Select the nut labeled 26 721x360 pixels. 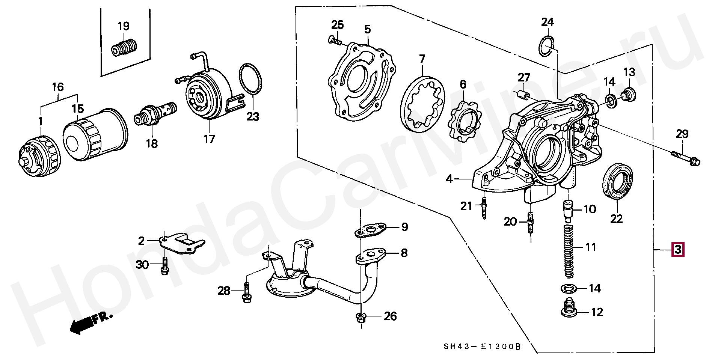(x=360, y=318)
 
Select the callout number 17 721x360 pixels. (x=209, y=139)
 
